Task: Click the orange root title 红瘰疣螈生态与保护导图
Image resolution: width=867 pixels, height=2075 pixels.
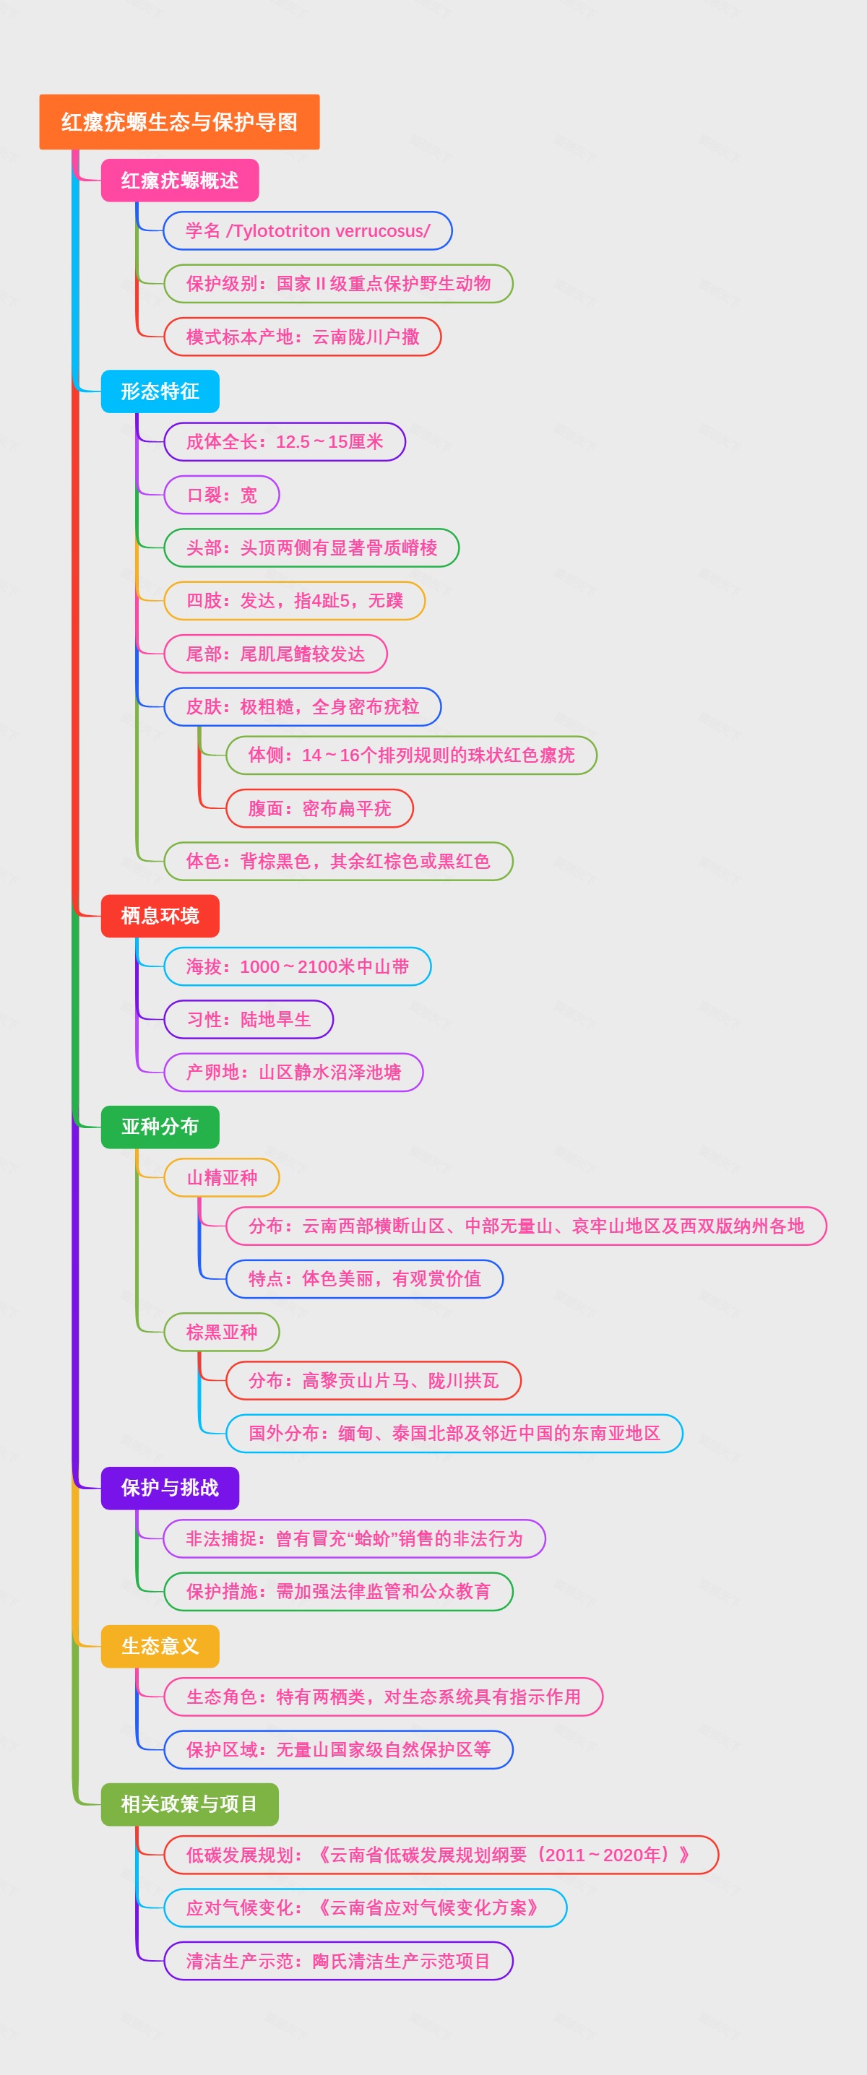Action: [179, 121]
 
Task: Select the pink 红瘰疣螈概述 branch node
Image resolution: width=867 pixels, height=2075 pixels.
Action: [179, 181]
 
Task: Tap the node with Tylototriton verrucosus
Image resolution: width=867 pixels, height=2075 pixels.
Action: [307, 231]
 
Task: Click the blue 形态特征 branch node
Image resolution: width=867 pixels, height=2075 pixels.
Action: [160, 391]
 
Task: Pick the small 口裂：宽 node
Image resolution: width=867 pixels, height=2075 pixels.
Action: [222, 495]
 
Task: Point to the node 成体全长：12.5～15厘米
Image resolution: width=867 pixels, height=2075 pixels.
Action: [285, 441]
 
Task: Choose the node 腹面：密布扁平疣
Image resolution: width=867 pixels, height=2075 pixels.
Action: [319, 808]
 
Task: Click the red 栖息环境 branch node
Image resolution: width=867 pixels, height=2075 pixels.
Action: [160, 916]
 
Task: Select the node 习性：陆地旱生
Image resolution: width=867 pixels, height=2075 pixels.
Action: [248, 1019]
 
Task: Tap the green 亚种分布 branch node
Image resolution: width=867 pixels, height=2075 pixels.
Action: [160, 1126]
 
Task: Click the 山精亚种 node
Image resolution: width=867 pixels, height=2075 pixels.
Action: [222, 1178]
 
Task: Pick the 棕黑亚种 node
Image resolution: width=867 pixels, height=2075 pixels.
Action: [222, 1333]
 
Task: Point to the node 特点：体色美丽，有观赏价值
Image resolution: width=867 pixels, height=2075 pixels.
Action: [364, 1278]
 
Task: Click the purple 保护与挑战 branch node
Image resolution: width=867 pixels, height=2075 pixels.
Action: [169, 1488]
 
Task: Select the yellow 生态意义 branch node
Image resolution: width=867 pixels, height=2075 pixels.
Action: [160, 1646]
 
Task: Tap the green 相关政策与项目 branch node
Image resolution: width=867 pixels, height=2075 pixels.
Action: [189, 1803]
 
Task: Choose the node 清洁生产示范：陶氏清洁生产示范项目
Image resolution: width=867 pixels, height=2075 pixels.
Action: [337, 1961]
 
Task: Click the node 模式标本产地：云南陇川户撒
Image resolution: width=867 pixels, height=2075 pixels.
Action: [302, 337]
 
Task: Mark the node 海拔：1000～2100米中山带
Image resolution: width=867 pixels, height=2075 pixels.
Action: [298, 966]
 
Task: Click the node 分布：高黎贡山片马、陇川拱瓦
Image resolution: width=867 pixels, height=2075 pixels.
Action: [373, 1381]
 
